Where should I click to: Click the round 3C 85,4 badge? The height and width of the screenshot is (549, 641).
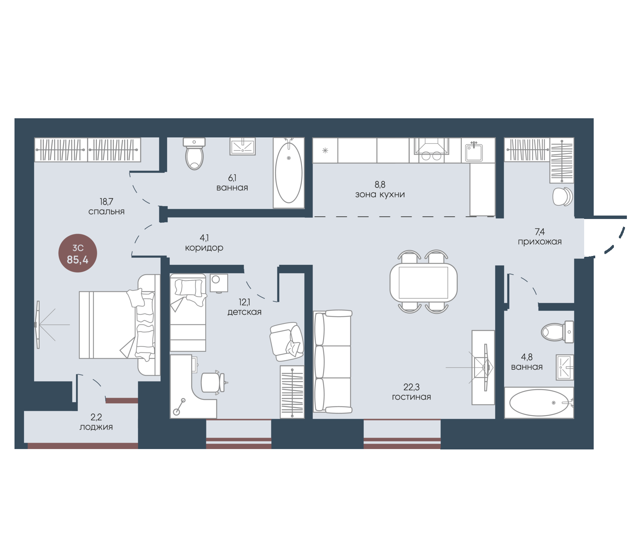[x=78, y=253]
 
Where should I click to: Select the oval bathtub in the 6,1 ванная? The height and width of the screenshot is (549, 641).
[x=289, y=173]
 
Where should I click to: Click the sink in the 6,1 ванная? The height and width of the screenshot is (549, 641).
[x=243, y=147]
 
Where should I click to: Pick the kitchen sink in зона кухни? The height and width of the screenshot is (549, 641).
[x=474, y=151]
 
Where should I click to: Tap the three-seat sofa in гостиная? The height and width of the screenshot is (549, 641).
[x=332, y=362]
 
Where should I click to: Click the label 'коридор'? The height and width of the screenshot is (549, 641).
[x=204, y=248]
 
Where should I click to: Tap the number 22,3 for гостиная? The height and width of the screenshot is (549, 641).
[x=411, y=387]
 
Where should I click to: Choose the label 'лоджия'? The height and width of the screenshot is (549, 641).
[x=96, y=427]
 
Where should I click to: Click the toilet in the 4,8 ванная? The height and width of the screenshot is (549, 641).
[x=557, y=332]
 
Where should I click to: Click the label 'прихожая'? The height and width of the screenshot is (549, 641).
[x=540, y=241]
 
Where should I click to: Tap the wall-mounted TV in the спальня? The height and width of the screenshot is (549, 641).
[x=38, y=325]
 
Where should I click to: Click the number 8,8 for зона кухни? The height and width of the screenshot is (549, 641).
[x=380, y=185]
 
